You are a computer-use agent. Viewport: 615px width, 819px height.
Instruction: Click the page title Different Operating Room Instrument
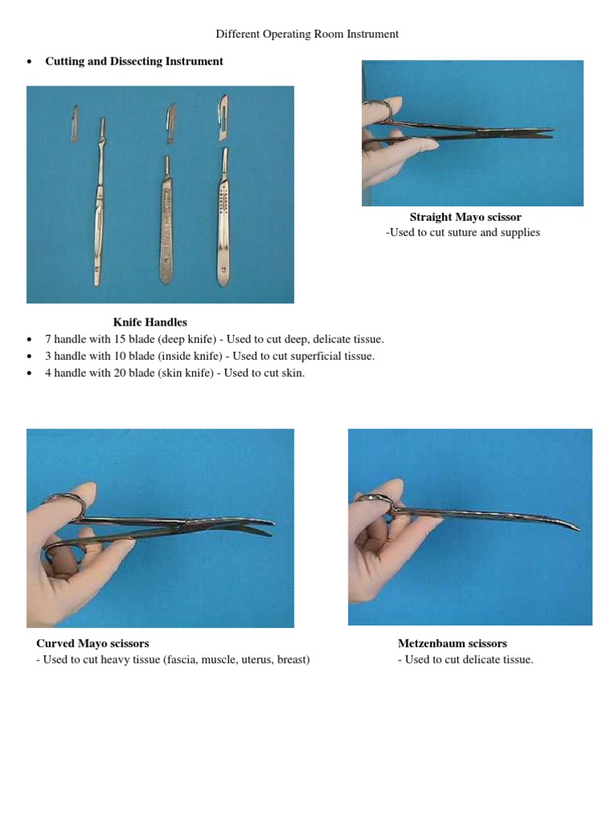click(x=307, y=34)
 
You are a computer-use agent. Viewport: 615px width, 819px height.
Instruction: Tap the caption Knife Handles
click(x=150, y=322)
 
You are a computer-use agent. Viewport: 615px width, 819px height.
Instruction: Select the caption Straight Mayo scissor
click(x=465, y=217)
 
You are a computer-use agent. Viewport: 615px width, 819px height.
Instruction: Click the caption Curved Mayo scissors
click(x=93, y=643)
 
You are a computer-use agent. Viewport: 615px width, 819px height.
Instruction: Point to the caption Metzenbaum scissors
click(x=452, y=643)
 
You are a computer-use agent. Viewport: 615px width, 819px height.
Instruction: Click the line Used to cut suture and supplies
click(x=463, y=233)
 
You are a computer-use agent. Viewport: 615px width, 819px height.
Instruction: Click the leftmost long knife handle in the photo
click(x=98, y=208)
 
